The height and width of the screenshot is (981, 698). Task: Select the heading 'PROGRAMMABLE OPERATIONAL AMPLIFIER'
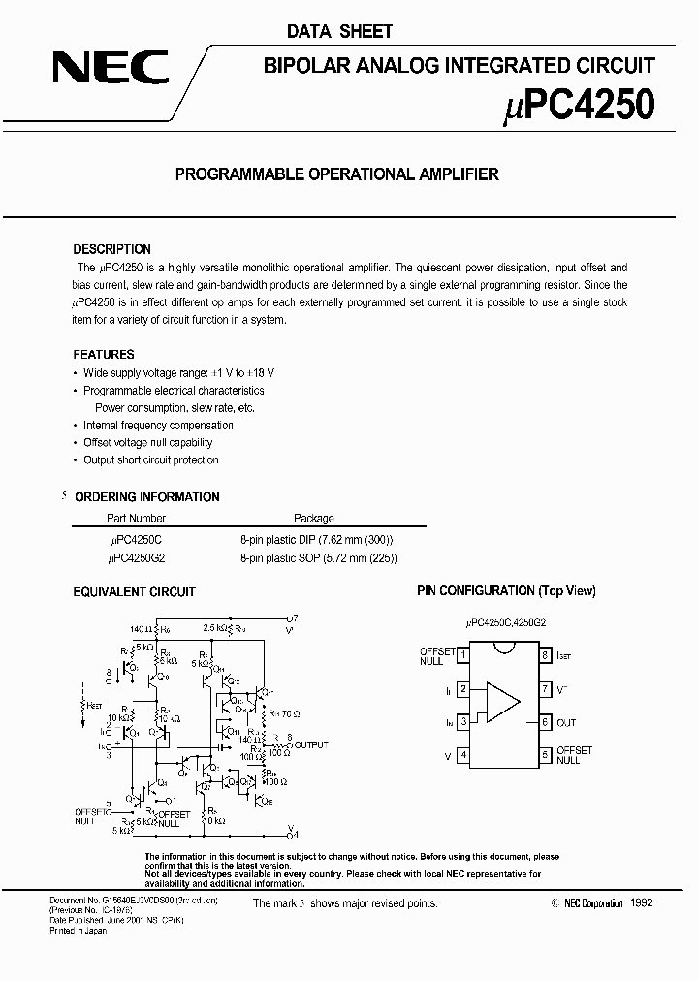[x=336, y=174]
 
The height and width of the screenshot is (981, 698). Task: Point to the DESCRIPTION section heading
[x=111, y=249]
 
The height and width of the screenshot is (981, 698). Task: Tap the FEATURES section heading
[x=104, y=355]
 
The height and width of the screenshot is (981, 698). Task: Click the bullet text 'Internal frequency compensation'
[x=158, y=426]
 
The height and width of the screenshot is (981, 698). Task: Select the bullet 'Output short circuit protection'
[x=151, y=460]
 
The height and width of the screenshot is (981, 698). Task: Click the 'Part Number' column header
[x=136, y=519]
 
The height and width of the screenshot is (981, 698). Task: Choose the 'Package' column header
[x=313, y=519]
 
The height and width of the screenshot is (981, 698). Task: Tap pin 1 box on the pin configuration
[x=463, y=655]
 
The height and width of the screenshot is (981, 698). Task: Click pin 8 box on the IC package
[x=546, y=655]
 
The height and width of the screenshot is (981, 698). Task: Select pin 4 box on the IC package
[x=463, y=754]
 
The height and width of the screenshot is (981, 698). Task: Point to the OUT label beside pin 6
[x=566, y=722]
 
